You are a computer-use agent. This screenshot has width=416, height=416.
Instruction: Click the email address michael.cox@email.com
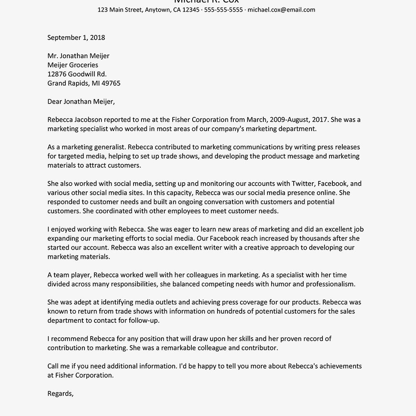[281, 10]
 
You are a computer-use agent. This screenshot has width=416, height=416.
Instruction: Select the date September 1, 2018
[76, 37]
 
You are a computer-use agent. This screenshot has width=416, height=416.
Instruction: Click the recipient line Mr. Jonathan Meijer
[78, 56]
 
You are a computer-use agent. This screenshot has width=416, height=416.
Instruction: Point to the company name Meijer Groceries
[73, 65]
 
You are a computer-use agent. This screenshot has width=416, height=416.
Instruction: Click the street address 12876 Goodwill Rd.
[77, 74]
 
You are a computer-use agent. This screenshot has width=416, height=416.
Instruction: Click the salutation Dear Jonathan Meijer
[81, 102]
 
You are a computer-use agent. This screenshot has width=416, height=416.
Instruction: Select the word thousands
[301, 238]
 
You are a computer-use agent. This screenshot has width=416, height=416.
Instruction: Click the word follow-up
[145, 320]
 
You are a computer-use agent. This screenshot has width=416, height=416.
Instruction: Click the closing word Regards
[60, 394]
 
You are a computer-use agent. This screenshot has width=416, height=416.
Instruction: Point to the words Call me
[58, 366]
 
